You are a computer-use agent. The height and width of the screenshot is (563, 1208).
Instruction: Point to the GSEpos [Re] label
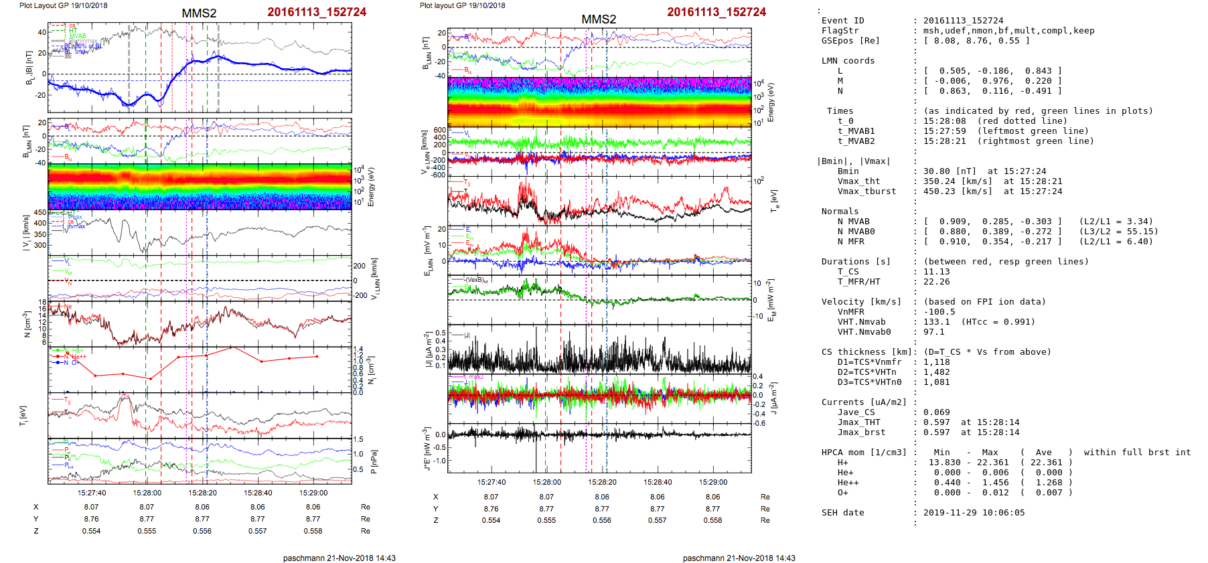click(850, 41)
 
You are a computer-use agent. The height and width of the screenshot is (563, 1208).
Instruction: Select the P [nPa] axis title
click(374, 462)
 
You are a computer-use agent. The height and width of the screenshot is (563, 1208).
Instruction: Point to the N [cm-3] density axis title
click(27, 324)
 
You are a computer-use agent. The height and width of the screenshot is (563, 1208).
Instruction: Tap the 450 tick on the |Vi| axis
click(40, 213)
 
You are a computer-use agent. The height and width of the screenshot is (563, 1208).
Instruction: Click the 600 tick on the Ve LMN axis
click(439, 131)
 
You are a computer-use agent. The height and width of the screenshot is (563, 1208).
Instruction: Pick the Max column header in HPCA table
click(990, 453)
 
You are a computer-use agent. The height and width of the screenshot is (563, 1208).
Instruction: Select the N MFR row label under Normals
click(850, 242)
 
